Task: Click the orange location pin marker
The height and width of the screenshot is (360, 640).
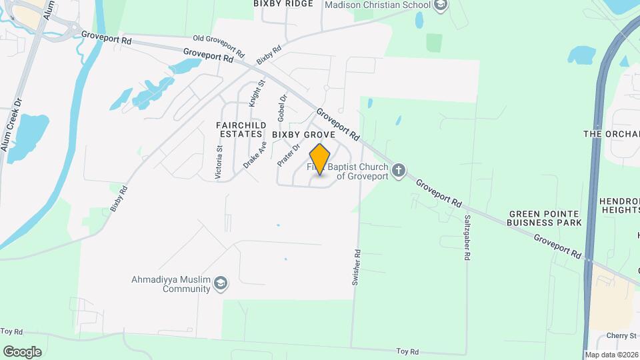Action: coord(320,159)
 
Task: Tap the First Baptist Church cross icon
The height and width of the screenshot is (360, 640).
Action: coord(399,170)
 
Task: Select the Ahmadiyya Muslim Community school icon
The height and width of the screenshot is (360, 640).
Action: coord(221,285)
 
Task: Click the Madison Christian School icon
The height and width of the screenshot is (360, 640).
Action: coord(440,6)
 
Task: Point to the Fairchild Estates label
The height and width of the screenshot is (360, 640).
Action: coord(241,129)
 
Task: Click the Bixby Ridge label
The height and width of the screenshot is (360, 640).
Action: coord(283,4)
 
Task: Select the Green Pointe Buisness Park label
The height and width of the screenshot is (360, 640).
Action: coord(545,218)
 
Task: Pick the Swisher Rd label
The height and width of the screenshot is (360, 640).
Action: coord(357,267)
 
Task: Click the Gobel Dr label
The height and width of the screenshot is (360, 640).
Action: coord(282,107)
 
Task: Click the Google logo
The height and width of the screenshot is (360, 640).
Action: coord(22,351)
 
